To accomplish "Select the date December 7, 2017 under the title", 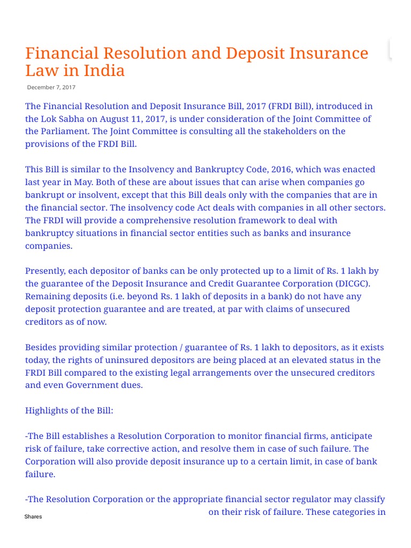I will click(x=51, y=87).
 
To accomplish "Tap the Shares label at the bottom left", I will click(x=33, y=516).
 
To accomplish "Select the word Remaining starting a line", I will click(x=47, y=296).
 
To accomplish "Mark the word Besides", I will click(x=41, y=347).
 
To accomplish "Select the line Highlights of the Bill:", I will click(x=69, y=410).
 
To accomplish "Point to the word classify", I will click(x=367, y=499).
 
